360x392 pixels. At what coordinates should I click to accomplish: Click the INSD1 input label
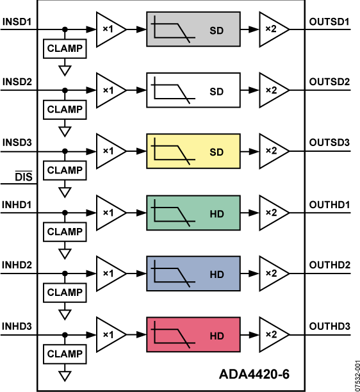tap(17, 22)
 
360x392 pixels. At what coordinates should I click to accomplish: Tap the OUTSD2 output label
tap(329, 82)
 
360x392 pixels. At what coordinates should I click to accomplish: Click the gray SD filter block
tap(193, 29)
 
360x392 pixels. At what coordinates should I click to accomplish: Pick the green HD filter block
tap(193, 212)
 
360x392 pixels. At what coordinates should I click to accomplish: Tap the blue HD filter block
tap(193, 273)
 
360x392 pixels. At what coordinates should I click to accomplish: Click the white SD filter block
tap(193, 90)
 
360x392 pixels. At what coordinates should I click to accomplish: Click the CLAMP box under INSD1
tap(65, 49)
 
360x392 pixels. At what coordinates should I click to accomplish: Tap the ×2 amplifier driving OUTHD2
tap(271, 273)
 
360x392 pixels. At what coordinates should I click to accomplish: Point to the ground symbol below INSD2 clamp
tap(65, 130)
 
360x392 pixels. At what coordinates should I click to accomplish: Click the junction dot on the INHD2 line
tap(65, 273)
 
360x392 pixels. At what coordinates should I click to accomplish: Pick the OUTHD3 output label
tap(329, 325)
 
